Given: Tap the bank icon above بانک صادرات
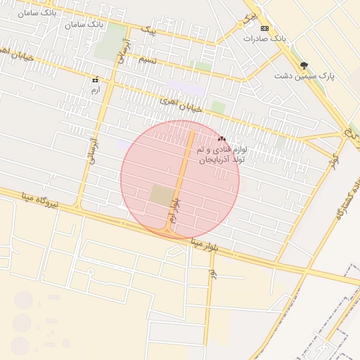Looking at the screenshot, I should point(264,28).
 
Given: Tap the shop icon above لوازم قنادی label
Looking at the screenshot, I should point(222,139).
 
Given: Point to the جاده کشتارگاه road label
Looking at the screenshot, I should point(342,204).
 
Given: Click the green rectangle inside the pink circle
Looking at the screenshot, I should point(161,196).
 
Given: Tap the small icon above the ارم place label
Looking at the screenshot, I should point(96,80).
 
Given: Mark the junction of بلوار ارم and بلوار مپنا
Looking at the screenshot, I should point(169,229).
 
